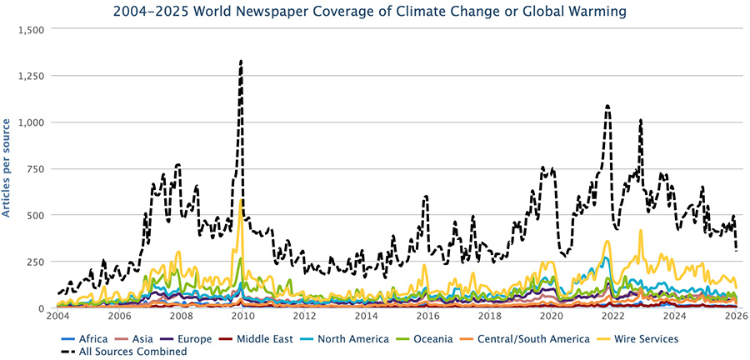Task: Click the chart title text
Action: [375, 11]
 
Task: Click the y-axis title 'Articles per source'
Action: [7, 167]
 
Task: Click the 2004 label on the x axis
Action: [57, 317]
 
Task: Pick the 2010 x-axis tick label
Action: [242, 317]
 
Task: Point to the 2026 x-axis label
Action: [736, 317]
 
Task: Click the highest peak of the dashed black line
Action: [241, 61]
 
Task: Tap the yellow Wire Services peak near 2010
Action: [241, 200]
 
